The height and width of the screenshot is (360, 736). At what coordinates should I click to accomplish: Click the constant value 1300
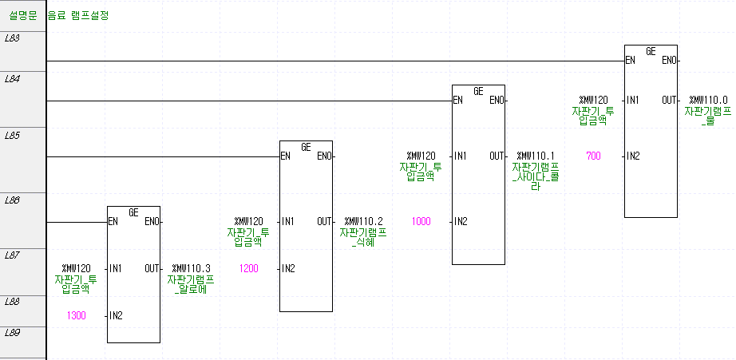pyautogui.click(x=76, y=316)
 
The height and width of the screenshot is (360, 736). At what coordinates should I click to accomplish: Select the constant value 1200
pyautogui.click(x=248, y=268)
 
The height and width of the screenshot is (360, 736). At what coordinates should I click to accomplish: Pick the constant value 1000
pyautogui.click(x=421, y=220)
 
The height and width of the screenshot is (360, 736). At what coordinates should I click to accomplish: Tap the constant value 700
pyautogui.click(x=593, y=155)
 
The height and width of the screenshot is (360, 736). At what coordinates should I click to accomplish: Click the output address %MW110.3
pyautogui.click(x=191, y=269)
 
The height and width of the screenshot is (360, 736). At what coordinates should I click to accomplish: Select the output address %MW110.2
pyautogui.click(x=363, y=221)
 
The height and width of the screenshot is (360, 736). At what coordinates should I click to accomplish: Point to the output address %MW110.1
pyautogui.click(x=536, y=156)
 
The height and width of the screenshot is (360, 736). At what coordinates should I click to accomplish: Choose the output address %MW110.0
pyautogui.click(x=708, y=100)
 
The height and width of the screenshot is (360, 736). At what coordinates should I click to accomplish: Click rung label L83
pyautogui.click(x=12, y=38)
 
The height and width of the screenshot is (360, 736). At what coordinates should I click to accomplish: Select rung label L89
pyautogui.click(x=12, y=331)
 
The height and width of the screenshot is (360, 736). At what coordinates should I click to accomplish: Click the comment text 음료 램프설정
pyautogui.click(x=79, y=15)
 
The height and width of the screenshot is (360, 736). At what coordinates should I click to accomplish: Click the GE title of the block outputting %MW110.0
pyautogui.click(x=651, y=51)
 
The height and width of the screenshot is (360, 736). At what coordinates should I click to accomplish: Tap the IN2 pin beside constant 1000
pyautogui.click(x=460, y=221)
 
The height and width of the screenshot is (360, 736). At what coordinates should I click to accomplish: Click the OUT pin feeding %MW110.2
pyautogui.click(x=324, y=221)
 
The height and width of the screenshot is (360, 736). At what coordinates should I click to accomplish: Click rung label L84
pyautogui.click(x=12, y=79)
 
